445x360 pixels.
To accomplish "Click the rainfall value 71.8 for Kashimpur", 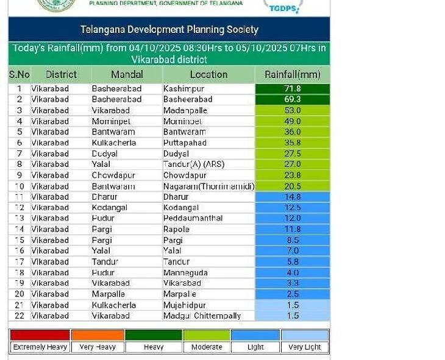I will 293,88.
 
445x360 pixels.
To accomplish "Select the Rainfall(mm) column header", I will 292,74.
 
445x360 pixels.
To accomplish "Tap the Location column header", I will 208,74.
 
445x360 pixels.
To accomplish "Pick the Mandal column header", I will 127,74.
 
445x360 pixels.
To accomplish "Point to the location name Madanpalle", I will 185,110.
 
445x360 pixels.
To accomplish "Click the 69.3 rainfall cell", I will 293,99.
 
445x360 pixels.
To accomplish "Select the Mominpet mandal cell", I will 113,121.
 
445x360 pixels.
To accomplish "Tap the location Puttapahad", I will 185,143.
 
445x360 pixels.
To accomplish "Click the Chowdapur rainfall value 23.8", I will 293,175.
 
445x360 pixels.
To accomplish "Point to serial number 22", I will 19,316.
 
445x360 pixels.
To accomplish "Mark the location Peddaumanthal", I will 193,218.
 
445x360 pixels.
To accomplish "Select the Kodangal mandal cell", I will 111,208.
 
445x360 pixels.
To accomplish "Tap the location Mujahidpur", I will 184,305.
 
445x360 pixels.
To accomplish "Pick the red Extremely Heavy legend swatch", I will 40,335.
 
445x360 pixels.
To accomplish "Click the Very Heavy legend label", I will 98,347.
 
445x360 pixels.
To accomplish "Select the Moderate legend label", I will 206,347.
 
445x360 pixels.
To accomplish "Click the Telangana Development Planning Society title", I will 169,29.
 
